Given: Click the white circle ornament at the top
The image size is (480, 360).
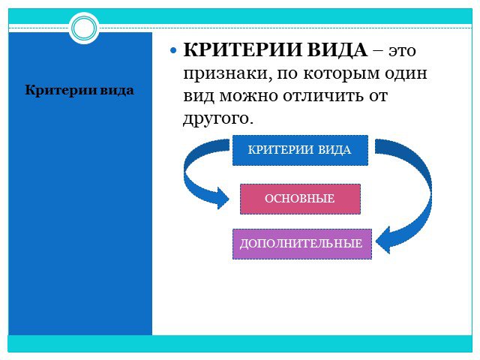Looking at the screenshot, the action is click(x=84, y=28).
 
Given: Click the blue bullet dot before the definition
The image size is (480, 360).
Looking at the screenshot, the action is click(x=173, y=50).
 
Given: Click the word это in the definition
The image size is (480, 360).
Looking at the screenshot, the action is click(x=402, y=51).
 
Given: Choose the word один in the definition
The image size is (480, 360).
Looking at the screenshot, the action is click(x=406, y=73).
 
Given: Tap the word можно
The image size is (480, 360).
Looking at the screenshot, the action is click(x=249, y=97).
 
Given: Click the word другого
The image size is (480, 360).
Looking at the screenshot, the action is click(x=218, y=118).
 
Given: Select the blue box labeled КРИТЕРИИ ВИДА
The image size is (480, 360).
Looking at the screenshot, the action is click(x=300, y=150).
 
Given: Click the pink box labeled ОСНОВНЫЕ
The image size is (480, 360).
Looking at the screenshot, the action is click(x=300, y=199).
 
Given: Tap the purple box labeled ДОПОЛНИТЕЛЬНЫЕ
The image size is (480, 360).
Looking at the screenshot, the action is click(x=302, y=244).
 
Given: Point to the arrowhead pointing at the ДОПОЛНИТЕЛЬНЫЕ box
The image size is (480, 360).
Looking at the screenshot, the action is click(x=383, y=241).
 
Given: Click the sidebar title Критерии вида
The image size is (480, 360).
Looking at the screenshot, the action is click(x=79, y=90).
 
